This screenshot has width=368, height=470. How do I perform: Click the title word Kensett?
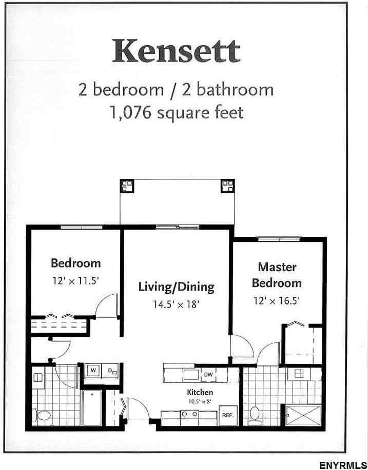pyautogui.click(x=176, y=51)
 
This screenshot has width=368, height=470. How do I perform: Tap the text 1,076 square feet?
pyautogui.click(x=176, y=112)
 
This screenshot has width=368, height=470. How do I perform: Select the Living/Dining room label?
pyautogui.click(x=176, y=287)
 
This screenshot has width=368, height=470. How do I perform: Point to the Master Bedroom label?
pyautogui.click(x=277, y=275)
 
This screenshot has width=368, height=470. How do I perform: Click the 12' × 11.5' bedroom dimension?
pyautogui.click(x=75, y=281)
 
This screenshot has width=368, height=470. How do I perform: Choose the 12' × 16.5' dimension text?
pyautogui.click(x=276, y=300)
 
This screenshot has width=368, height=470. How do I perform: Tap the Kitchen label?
pyautogui.click(x=200, y=392)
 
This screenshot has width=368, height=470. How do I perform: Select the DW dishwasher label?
pyautogui.click(x=207, y=375)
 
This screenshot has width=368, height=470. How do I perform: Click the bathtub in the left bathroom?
pyautogui.click(x=92, y=408)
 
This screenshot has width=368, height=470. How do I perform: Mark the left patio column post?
pyautogui.click(x=126, y=186)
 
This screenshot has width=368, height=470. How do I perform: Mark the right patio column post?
pyautogui.click(x=227, y=186)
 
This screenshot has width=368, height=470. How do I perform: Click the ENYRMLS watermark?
pyautogui.click(x=342, y=465)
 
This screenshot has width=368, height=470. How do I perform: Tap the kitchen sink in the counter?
pyautogui.click(x=191, y=375)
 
